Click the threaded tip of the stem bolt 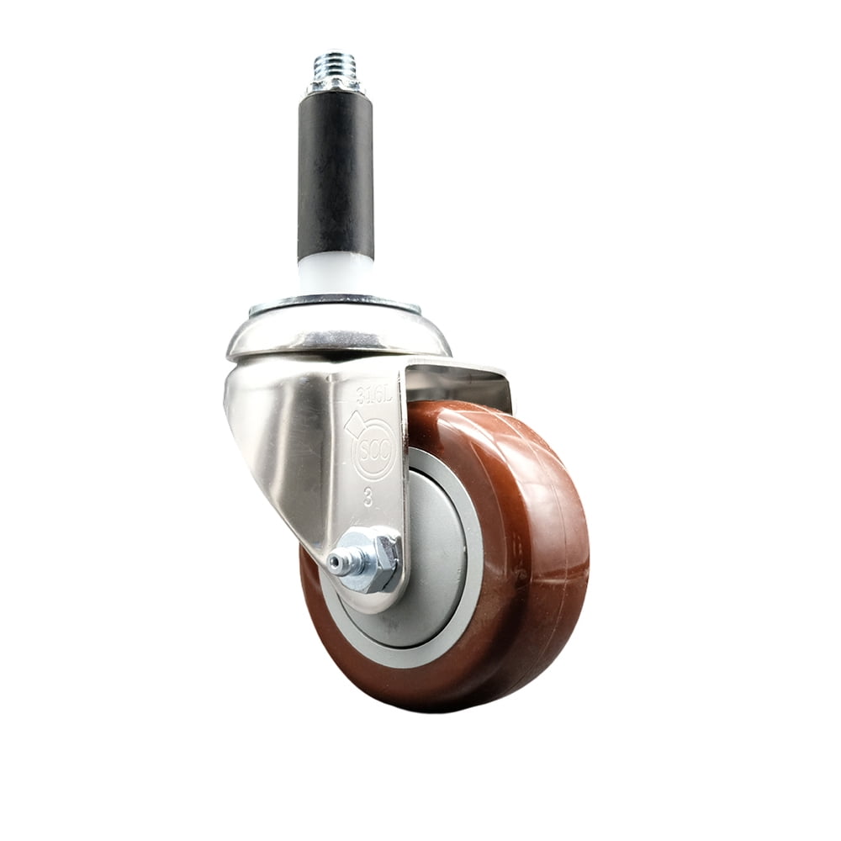pyautogui.click(x=336, y=65)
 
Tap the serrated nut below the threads pyautogui.click(x=336, y=84)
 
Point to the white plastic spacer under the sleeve pyautogui.click(x=336, y=274)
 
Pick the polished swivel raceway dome pyautogui.click(x=336, y=332)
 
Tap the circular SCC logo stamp pyautogui.click(x=373, y=450)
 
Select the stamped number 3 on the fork pyautogui.click(x=368, y=496)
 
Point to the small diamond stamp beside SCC pyautogui.click(x=354, y=425)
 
